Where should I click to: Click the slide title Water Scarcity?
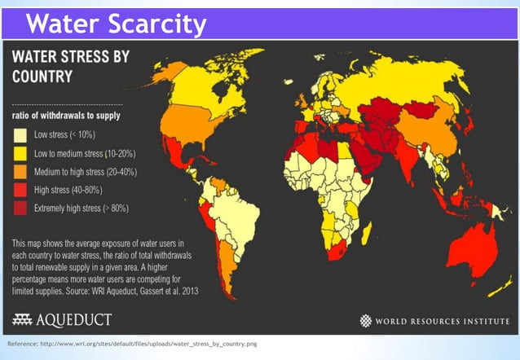click(116, 24)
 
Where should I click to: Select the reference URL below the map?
click(131, 345)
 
